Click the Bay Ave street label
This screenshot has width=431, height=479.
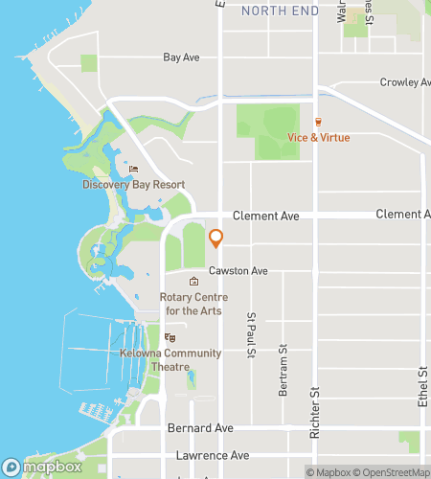click(x=181, y=57)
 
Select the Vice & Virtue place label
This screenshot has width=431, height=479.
click(x=319, y=138)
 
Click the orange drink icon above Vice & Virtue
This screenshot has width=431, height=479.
click(x=319, y=122)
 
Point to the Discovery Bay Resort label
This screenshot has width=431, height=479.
click(x=133, y=185)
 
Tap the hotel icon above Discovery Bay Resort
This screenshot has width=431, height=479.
click(x=133, y=170)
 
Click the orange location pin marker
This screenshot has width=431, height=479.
click(x=215, y=238)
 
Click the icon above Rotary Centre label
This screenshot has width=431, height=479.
click(x=194, y=282)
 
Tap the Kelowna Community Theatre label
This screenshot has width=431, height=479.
click(x=170, y=359)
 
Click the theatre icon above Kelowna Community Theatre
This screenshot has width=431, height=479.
click(x=170, y=337)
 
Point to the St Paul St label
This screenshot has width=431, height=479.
click(x=252, y=334)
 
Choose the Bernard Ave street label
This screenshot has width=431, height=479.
click(x=200, y=427)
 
